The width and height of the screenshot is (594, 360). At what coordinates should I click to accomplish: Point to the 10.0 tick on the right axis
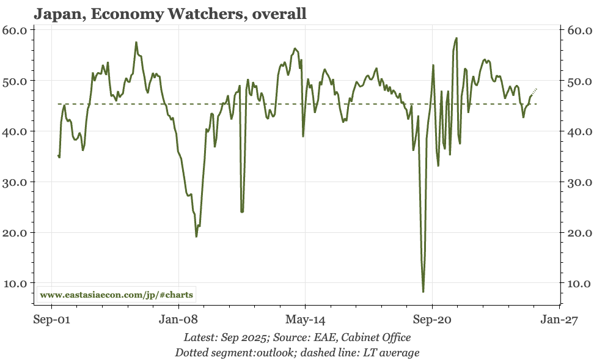(x=577, y=284)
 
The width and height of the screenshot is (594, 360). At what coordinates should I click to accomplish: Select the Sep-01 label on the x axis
(x=51, y=319)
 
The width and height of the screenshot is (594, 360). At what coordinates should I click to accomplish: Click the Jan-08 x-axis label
(x=178, y=319)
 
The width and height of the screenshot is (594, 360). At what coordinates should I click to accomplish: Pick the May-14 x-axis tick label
(x=305, y=319)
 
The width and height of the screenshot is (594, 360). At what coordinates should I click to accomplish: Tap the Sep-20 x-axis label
(x=432, y=319)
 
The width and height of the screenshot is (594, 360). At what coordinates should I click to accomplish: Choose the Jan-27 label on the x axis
(x=559, y=319)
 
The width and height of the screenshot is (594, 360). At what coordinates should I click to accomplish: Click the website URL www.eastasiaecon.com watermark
(x=116, y=295)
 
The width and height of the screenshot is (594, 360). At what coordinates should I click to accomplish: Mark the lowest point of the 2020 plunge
(x=423, y=292)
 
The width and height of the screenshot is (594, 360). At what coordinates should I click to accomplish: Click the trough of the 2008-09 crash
(x=196, y=236)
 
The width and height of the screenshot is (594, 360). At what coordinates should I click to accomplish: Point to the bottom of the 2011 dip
(x=242, y=211)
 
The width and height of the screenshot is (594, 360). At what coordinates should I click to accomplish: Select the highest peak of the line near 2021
(x=457, y=38)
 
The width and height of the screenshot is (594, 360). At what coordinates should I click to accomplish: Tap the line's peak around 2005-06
(x=136, y=42)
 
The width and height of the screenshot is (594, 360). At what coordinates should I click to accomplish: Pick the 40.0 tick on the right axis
(x=577, y=131)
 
